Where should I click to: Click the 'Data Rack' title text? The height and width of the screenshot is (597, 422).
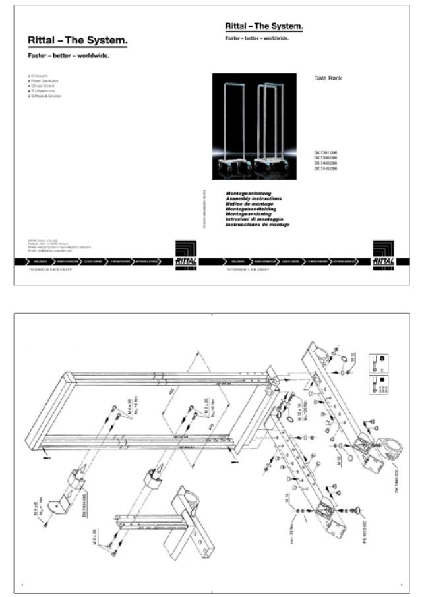click(x=328, y=78)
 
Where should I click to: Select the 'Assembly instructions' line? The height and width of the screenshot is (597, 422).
click(x=254, y=198)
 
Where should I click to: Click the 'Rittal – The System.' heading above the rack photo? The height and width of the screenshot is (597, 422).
click(x=264, y=26)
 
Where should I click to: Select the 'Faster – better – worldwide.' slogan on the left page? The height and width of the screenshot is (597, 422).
click(x=69, y=55)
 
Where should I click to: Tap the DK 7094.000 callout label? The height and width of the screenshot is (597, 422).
click(x=85, y=505)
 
